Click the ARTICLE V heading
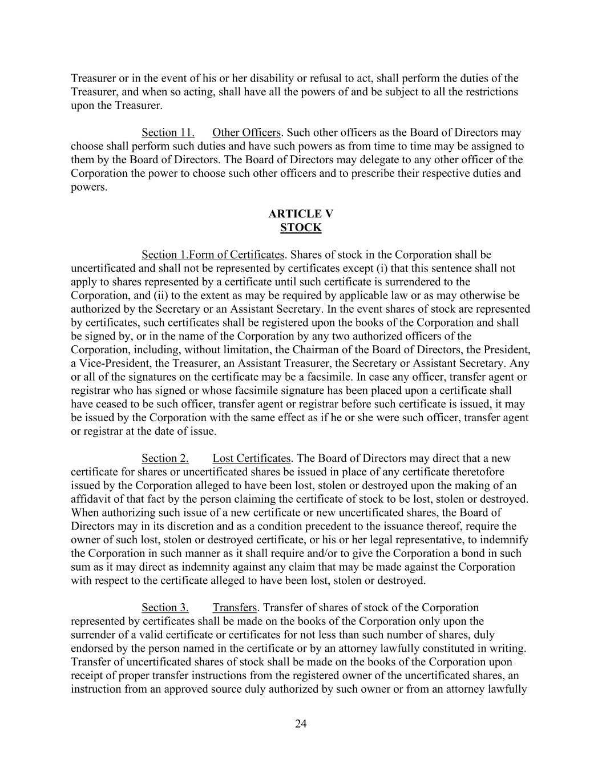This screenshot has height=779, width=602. click(301, 214)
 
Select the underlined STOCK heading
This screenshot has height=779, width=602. click(301, 228)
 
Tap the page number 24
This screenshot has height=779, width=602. click(301, 724)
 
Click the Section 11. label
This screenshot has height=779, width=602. click(168, 133)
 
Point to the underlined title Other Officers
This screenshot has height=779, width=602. click(247, 133)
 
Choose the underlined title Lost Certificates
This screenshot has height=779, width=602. click(252, 458)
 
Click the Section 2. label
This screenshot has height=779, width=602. click(165, 458)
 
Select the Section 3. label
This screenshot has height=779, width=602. click(165, 608)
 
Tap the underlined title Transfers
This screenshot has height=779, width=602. click(235, 608)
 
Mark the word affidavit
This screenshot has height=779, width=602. click(90, 499)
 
